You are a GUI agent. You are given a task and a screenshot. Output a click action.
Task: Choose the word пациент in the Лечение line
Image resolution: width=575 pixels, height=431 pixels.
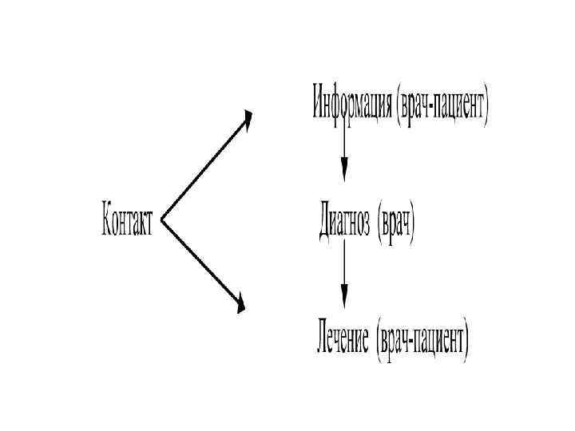pos(438,342)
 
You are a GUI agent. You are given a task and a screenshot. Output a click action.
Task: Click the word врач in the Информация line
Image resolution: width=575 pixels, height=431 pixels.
pos(411,105)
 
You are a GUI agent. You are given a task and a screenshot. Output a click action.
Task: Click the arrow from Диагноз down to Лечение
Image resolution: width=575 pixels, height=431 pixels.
pos(344,271)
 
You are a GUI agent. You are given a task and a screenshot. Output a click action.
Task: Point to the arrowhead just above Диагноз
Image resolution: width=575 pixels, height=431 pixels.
pos(344,169)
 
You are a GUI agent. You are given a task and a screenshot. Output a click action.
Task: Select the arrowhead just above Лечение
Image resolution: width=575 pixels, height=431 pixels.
pos(344,296)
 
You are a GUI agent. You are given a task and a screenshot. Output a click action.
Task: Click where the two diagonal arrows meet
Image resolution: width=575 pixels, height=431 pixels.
pos(162,218)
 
